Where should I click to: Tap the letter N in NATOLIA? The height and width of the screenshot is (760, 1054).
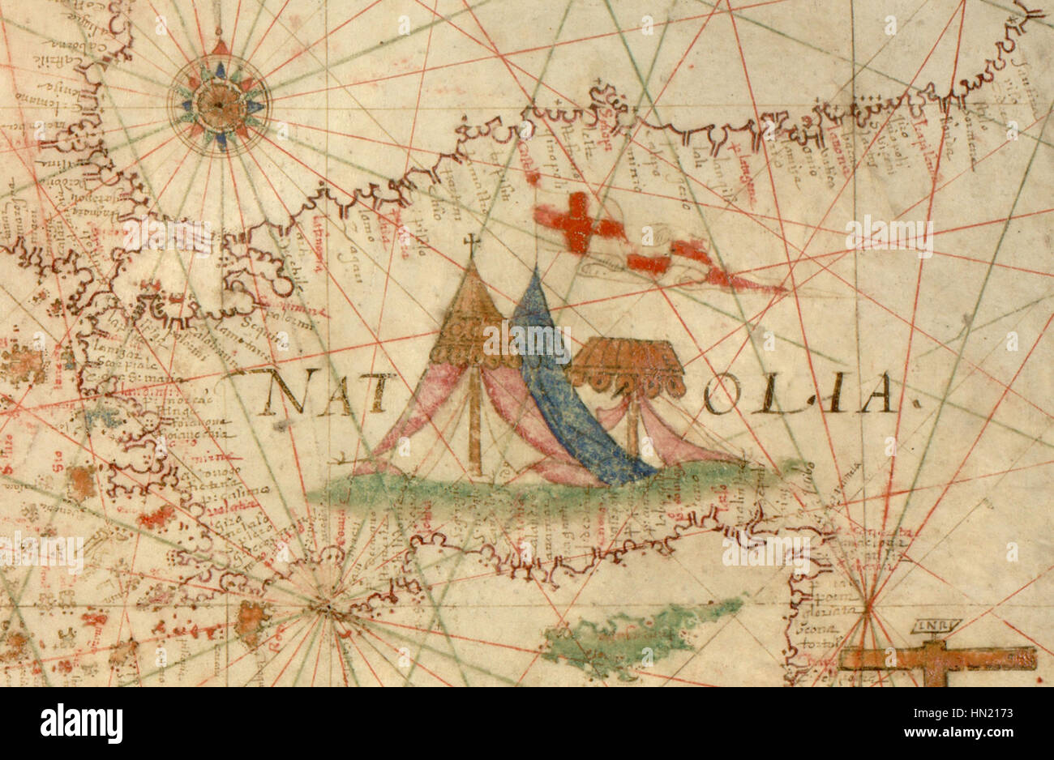pyautogui.click(x=280, y=393)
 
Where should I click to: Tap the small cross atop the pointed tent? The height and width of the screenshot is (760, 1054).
pyautogui.click(x=471, y=242)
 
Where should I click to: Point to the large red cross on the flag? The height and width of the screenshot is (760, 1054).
pyautogui.click(x=578, y=221)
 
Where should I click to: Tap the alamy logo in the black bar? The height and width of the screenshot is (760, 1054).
pyautogui.click(x=82, y=723)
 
